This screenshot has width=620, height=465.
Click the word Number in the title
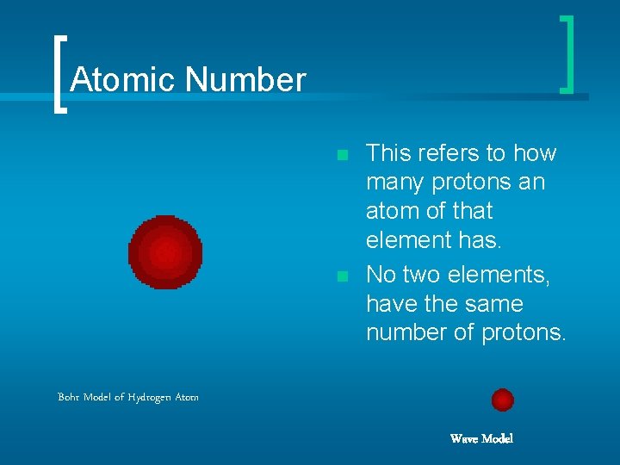[245, 80]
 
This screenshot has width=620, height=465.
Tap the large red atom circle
[165, 252]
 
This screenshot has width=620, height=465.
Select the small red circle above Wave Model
[502, 400]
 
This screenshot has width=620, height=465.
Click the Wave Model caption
[481, 439]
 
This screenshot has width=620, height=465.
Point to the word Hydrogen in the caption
[143, 397]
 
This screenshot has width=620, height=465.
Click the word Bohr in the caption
[69, 397]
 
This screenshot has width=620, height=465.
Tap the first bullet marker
[342, 155]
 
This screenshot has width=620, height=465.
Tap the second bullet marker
[342, 276]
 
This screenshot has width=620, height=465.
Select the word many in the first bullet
[394, 183]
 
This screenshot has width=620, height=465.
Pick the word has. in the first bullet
[480, 240]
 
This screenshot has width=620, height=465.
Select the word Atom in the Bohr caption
[187, 397]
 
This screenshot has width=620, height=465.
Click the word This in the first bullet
[387, 153]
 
